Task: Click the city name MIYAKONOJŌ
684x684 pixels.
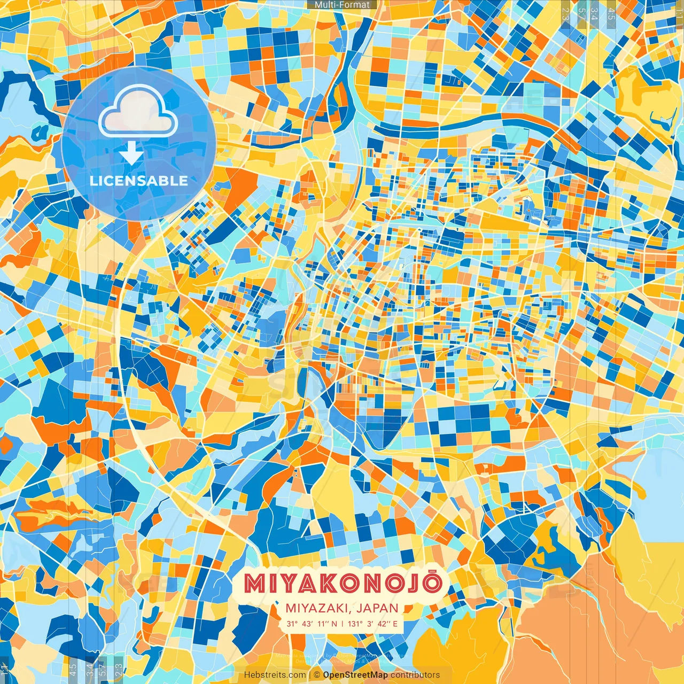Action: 343,584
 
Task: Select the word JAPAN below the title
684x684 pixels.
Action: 379,608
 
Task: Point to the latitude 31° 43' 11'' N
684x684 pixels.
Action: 312,624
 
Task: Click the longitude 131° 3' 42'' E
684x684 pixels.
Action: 372,624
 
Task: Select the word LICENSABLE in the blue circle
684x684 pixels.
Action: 139,181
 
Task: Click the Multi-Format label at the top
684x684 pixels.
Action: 342,5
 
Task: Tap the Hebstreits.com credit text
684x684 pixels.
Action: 275,675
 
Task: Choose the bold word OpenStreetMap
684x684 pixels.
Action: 355,675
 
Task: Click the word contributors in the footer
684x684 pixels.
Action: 415,675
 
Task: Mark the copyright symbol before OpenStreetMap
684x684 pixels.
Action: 317,675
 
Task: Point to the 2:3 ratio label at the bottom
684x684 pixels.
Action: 119,668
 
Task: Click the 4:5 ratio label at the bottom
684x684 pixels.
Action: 73,668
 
